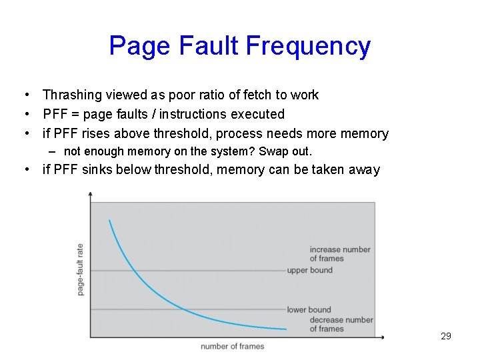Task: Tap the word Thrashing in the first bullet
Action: click(71, 95)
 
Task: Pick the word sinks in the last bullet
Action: click(98, 169)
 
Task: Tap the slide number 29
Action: click(446, 336)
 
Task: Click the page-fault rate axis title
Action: click(81, 269)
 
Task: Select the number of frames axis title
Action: click(233, 346)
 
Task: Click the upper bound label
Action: click(309, 270)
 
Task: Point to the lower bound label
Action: click(309, 309)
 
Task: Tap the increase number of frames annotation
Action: click(339, 254)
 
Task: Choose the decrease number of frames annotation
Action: click(341, 324)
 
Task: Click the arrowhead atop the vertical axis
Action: click(91, 193)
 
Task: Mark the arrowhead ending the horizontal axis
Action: click(382, 337)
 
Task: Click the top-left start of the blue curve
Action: click(109, 221)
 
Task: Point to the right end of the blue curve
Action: click(286, 329)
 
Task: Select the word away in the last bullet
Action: click(363, 169)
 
